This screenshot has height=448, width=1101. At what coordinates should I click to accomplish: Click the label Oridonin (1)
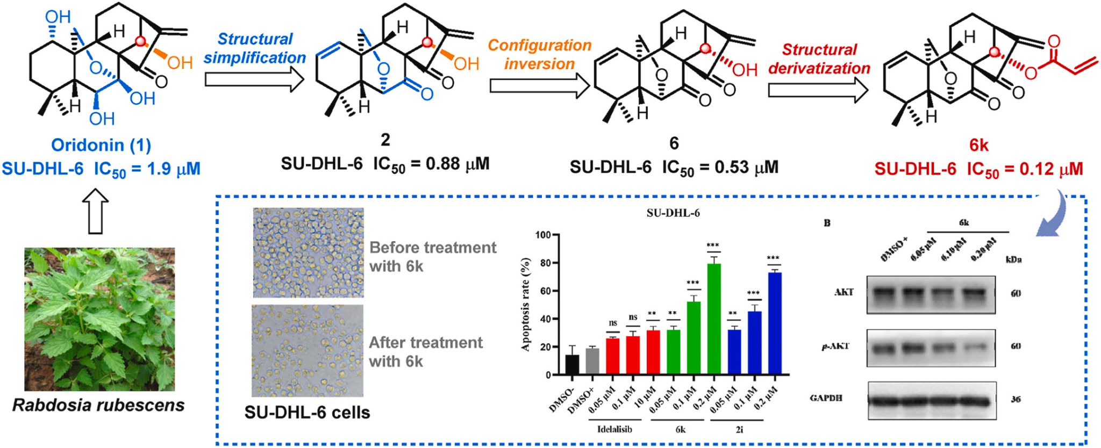point(101,145)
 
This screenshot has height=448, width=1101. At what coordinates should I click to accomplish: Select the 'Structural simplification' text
point(254,48)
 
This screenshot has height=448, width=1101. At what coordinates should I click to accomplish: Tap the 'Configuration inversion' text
point(539,54)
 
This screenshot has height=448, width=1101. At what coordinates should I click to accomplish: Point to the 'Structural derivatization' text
point(819,59)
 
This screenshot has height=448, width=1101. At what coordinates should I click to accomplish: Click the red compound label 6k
point(978,145)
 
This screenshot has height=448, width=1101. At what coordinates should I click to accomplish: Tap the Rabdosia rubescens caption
point(98,405)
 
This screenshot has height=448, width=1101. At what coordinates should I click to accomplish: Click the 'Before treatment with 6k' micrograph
point(308,252)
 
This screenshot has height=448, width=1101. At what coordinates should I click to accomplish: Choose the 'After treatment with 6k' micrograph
point(307,351)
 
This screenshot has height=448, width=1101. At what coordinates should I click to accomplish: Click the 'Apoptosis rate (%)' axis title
point(525,305)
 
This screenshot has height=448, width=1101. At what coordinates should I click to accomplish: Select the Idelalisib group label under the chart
point(614,429)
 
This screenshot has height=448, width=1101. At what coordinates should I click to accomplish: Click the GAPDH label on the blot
point(826,398)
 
